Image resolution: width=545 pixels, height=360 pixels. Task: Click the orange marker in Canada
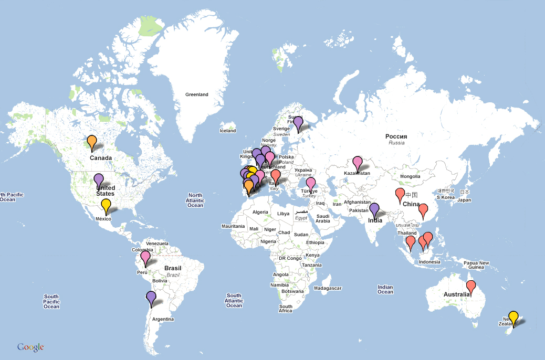coord(92,142)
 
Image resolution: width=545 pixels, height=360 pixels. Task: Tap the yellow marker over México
coord(106,205)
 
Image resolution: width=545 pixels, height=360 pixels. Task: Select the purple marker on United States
coord(99,180)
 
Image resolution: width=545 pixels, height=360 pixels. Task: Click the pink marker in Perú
coord(145,257)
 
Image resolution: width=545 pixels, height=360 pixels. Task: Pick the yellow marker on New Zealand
coord(513,317)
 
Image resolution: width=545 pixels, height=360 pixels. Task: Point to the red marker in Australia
coord(471,287)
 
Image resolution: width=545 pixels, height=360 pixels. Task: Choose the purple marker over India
coord(374,209)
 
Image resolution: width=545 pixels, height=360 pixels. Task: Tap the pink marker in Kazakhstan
coord(358,162)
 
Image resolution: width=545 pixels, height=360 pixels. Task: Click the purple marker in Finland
coord(298,123)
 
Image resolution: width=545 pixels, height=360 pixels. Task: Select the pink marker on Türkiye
coord(311,184)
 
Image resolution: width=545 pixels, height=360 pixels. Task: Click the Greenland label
coord(197,95)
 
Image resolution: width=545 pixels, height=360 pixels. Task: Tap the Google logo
coord(30,347)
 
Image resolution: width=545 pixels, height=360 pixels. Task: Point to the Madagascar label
coord(328,288)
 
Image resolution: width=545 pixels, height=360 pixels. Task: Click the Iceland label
coord(228,131)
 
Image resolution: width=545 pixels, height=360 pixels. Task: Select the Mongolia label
coord(410,176)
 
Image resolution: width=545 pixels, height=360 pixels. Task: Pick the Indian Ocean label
coord(385,289)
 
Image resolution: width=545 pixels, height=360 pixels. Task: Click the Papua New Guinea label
coord(476,265)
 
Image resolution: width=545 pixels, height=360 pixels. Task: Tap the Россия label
coord(396,136)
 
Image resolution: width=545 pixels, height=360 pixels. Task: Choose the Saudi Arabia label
coord(322,219)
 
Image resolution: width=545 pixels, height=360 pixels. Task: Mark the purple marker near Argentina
coord(151,298)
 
